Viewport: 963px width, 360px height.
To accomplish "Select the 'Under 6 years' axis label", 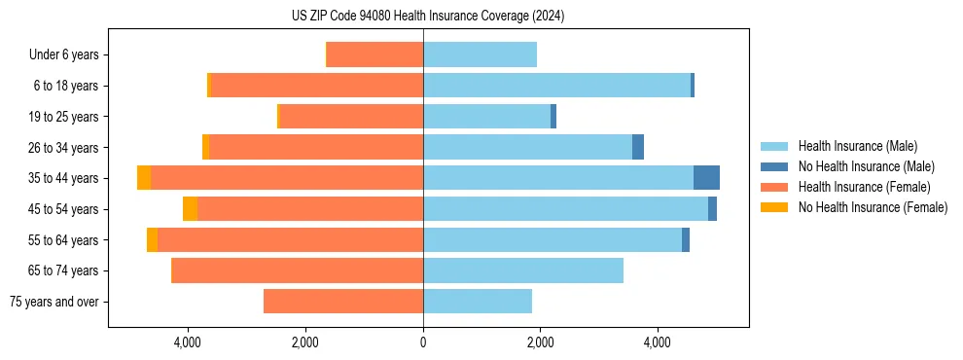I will point(69,54).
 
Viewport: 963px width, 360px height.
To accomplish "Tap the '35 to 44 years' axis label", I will point(63,178).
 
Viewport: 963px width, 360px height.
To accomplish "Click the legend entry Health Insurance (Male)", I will point(857,146).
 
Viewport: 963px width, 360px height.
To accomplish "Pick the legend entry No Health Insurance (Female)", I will point(873,207).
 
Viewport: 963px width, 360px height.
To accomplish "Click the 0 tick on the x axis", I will point(423,342).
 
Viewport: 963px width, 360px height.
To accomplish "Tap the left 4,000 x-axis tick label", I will point(187,342).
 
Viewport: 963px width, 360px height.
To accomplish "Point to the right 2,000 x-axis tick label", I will point(541,342).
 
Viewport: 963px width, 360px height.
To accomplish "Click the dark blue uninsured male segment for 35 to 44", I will point(706,178).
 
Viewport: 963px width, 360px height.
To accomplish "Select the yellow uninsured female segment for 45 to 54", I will point(190,209).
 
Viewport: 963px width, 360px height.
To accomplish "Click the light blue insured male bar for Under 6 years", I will point(480,54).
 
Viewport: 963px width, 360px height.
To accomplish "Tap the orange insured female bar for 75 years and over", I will point(343,302).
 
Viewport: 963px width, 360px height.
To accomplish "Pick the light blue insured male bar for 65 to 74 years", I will point(523,270).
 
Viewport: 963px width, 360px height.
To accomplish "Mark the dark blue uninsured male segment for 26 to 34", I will point(638,147).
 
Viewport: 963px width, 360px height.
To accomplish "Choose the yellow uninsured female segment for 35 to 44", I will point(144,178).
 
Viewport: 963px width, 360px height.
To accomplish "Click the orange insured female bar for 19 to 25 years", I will point(351,117).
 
